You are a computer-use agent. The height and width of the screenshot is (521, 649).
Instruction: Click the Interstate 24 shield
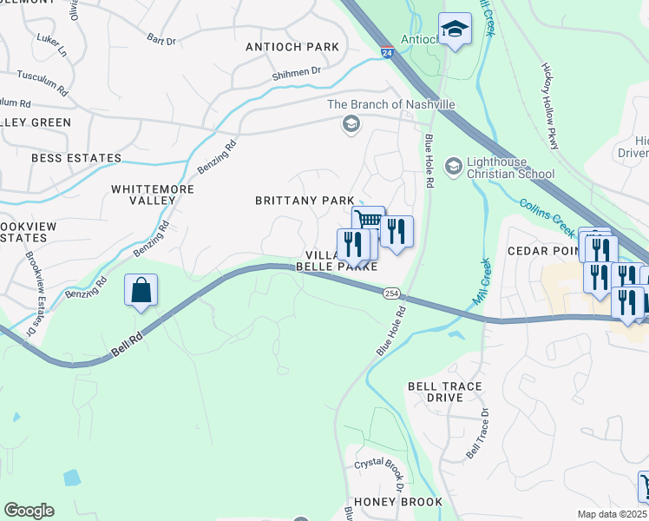(x=386, y=52)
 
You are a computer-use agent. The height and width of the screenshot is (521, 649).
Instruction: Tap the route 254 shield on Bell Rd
(x=392, y=294)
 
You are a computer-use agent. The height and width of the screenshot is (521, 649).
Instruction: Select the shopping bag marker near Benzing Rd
(x=141, y=291)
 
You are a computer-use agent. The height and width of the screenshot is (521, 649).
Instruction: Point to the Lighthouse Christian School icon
(x=453, y=165)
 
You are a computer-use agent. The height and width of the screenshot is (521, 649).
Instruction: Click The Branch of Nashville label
(x=390, y=104)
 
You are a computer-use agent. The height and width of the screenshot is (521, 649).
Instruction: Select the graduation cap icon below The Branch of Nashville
(x=351, y=123)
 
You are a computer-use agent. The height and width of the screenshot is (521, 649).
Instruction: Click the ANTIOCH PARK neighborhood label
(x=292, y=47)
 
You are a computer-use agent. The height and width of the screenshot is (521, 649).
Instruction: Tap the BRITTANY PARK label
(x=305, y=201)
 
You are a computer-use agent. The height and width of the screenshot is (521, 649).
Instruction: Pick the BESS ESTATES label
(x=75, y=158)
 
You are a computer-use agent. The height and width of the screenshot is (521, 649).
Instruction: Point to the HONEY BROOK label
(x=400, y=502)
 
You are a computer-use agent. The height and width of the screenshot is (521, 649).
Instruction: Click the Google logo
(x=29, y=511)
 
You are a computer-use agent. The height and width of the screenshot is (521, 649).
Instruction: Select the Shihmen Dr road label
(x=296, y=73)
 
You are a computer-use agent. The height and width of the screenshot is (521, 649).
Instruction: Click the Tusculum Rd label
(x=42, y=83)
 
